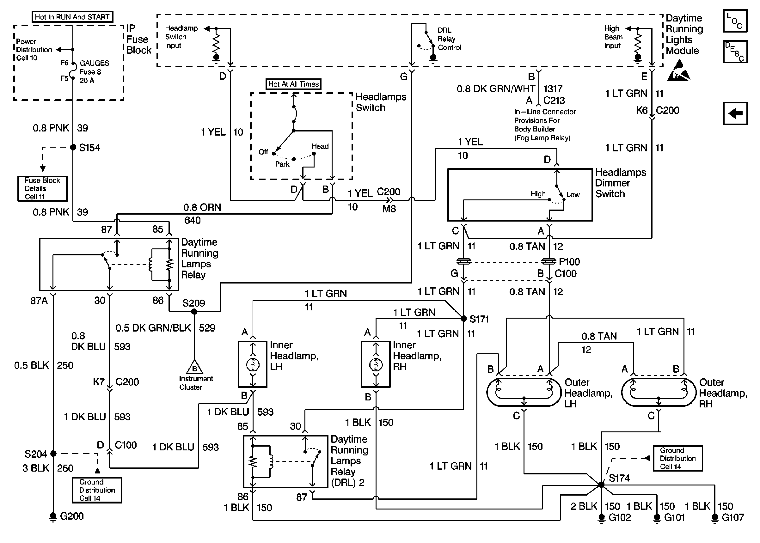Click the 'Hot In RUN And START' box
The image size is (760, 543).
tap(72, 17)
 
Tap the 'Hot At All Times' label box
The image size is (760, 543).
tap(294, 84)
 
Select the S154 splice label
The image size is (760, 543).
tap(89, 148)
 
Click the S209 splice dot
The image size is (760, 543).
tap(194, 312)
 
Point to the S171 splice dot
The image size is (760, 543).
tap(464, 319)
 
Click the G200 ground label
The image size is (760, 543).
tap(72, 516)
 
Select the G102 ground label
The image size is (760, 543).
tap(620, 518)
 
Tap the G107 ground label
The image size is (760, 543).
tap(733, 518)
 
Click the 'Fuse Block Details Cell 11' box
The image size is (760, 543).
tap(42, 189)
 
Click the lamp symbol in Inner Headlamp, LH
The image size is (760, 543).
tap(253, 364)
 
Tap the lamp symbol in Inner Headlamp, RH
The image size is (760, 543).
tap(376, 364)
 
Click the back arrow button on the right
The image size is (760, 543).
tap(735, 114)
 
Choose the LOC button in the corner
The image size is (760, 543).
tap(735, 21)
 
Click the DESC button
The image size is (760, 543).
tap(735, 52)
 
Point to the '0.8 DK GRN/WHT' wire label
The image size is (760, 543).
tap(496, 89)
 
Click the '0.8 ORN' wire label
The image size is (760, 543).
tap(202, 207)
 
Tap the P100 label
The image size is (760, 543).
tap(569, 262)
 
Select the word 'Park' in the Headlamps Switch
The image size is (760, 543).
tap(282, 164)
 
